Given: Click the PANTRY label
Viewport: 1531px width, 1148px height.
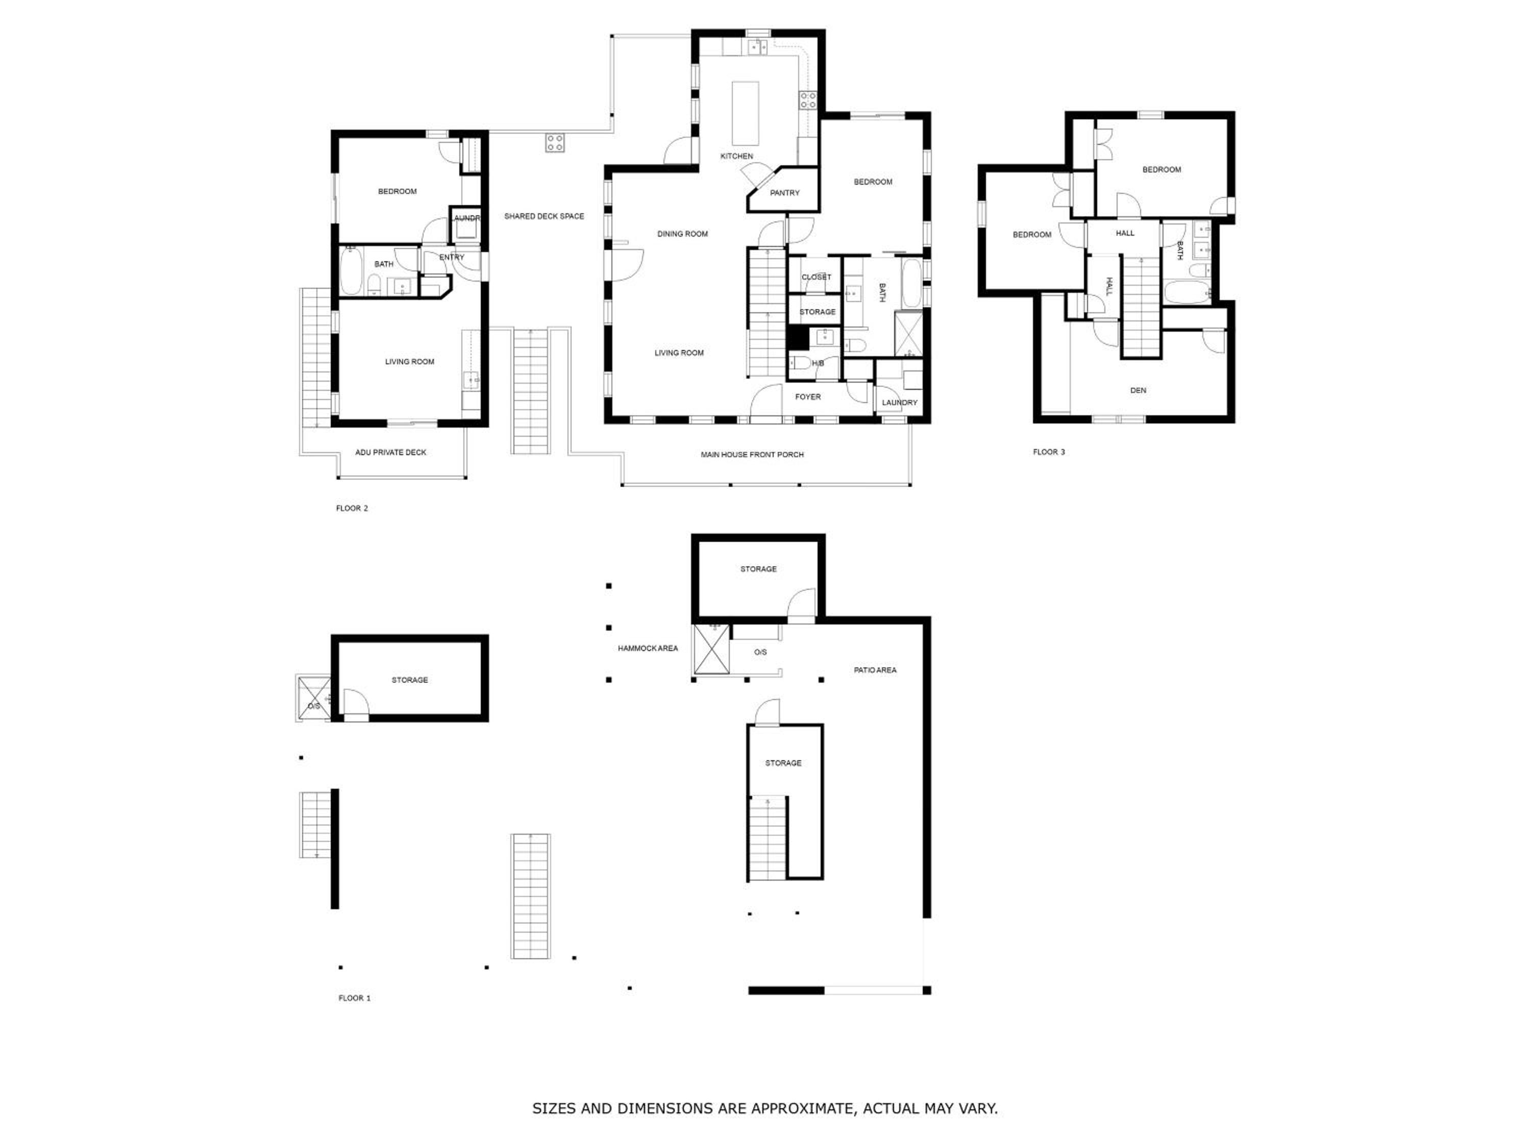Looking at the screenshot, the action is [784, 193].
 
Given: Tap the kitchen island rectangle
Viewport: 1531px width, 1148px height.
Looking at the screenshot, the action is [746, 113].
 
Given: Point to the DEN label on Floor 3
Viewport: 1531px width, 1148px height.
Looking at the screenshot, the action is [1138, 390].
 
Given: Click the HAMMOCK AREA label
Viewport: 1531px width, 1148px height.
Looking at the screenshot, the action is [648, 648].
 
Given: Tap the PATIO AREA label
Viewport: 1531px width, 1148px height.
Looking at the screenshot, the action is [875, 670].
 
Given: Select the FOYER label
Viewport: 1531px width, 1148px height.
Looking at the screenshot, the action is [808, 397].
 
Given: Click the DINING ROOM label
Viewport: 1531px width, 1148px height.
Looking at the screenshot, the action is [682, 234].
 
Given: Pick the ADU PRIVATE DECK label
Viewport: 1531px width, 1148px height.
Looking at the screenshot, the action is [390, 453].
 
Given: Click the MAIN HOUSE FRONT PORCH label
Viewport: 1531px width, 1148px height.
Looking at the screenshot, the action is [752, 455].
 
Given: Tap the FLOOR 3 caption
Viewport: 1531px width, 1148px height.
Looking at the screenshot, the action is [1049, 452].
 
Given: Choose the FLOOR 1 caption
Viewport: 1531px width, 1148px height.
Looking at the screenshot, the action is [354, 998].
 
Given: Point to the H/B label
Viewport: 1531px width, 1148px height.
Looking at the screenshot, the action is [818, 363].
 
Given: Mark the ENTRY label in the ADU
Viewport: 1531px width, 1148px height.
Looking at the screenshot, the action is [451, 258].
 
